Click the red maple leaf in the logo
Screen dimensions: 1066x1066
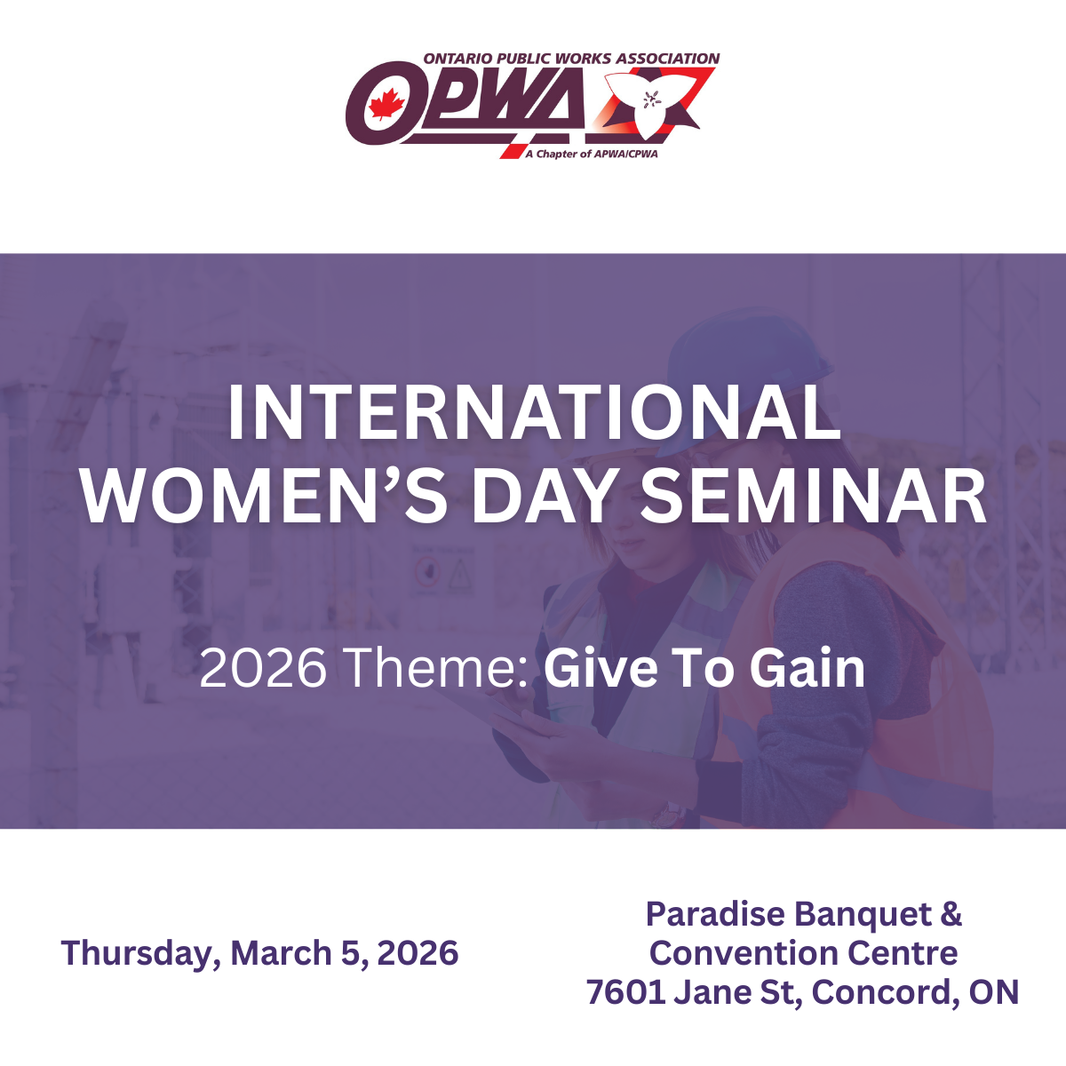coord(387,103)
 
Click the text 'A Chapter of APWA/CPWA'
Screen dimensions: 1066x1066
coord(592,154)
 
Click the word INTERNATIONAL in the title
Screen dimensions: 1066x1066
coord(533,413)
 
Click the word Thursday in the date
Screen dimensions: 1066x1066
coord(138,954)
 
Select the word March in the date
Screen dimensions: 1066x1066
coord(281,952)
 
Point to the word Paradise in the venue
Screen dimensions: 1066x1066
coord(715,913)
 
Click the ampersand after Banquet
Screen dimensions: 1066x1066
coord(951,914)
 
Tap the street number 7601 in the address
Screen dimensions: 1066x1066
coord(625,992)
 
